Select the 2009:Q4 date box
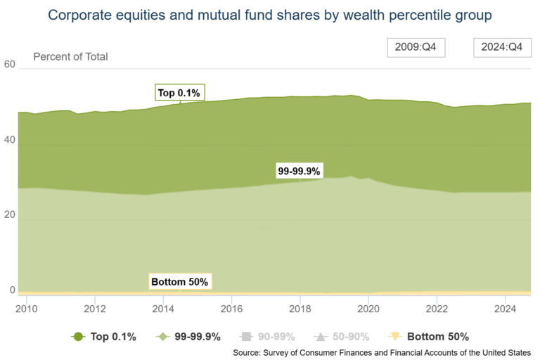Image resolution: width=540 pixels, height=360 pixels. tap(416, 47)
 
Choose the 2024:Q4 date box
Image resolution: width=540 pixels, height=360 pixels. tap(501, 47)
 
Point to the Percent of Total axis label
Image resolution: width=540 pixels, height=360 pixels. tap(70, 56)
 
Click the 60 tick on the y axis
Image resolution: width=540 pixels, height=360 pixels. tap(9, 64)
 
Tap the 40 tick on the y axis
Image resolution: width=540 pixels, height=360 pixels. tap(9, 141)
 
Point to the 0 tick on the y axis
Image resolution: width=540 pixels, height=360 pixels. tap(12, 290)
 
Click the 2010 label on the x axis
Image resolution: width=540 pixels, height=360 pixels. tap(26, 308)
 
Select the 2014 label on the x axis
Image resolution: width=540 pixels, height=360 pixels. tap(163, 308)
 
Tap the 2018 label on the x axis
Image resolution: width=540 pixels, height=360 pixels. tap(300, 308)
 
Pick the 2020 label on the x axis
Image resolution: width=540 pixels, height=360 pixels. tap(368, 308)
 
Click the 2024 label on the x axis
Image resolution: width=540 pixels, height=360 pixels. tap(506, 308)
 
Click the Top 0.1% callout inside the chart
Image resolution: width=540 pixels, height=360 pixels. tap(179, 93)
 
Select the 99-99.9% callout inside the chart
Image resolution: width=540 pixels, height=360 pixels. tap(299, 171)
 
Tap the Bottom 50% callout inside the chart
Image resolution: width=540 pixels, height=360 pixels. tap(179, 282)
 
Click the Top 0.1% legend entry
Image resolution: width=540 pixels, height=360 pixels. tap(105, 337)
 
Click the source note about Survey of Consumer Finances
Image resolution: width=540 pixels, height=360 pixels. tap(381, 352)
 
